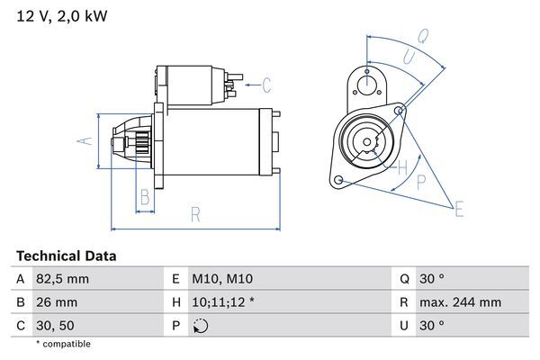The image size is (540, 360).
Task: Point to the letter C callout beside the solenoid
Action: pos(266,85)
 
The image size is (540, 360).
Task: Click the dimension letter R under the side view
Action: pos(195,214)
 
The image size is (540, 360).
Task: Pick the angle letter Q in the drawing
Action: pos(422,38)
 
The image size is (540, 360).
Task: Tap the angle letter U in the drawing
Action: pos(408,56)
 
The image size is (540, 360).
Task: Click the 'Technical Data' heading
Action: pos(66,256)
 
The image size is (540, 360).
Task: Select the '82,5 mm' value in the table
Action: pos(63,280)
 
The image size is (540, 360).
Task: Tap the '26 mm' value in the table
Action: pos(57,303)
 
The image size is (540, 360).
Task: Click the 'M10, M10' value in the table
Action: pos(222,280)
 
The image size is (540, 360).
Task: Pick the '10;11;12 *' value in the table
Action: pos(223,303)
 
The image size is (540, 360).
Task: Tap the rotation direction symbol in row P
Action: pos(200,326)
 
